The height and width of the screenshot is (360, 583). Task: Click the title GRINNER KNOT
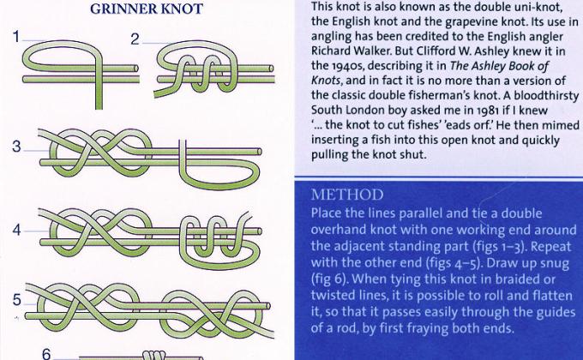pos(146,9)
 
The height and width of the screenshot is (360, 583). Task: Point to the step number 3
pos(17,147)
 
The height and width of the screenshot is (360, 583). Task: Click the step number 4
pos(17,231)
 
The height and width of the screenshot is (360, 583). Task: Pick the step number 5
pos(17,299)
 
